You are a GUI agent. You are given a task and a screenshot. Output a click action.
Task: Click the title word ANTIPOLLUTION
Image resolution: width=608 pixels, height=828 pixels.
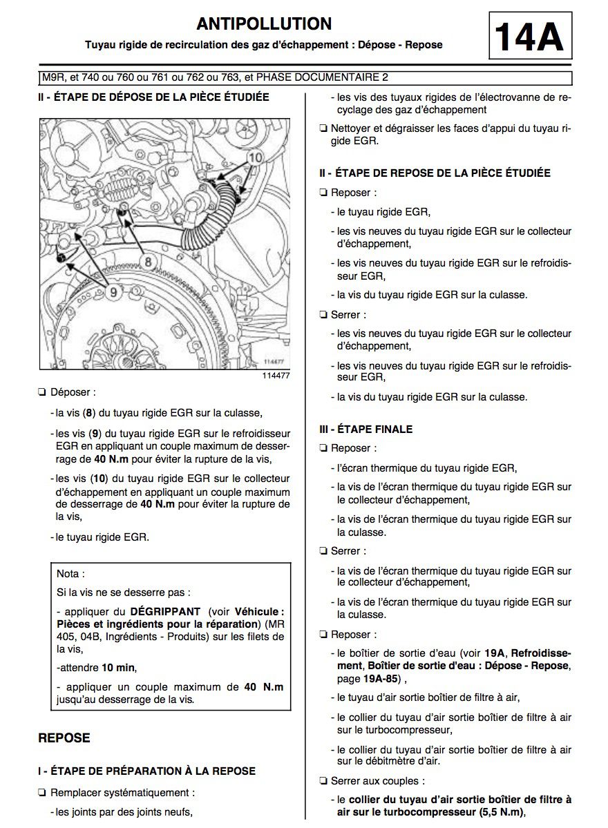[x=264, y=23]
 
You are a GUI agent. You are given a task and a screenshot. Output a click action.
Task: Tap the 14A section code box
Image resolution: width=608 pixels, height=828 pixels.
[x=531, y=37]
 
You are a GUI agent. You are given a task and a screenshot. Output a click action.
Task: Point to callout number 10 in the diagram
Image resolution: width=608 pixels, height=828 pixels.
[x=256, y=157]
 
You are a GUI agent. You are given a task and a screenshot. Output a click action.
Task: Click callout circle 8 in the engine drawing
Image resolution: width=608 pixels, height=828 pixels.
[x=148, y=261]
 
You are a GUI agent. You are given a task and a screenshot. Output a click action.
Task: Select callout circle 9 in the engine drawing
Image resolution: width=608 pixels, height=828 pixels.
[x=115, y=292]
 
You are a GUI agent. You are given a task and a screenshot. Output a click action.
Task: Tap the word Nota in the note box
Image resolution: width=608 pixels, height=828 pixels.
[x=70, y=573]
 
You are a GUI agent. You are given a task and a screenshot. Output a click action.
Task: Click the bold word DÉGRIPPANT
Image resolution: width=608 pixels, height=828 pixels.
[x=165, y=611]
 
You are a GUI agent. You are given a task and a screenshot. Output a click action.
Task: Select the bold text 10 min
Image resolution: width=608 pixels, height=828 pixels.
[x=118, y=667]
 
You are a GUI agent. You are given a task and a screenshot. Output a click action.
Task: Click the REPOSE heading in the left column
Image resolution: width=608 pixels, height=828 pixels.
[x=64, y=738]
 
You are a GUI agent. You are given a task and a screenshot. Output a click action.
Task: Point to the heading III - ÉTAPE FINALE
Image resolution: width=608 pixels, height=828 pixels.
[x=365, y=429]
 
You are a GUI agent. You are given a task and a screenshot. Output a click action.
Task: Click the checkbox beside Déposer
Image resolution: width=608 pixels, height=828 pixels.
[x=43, y=392]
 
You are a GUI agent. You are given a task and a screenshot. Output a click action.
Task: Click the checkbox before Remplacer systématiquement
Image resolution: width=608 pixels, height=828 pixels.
[x=43, y=793]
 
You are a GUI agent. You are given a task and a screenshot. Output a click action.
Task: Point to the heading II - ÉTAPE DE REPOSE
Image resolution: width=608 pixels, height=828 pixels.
[x=435, y=173]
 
